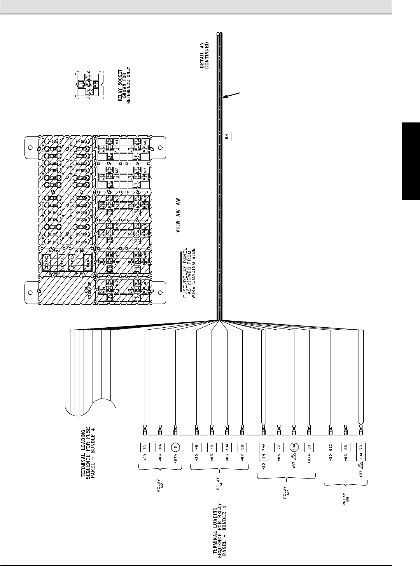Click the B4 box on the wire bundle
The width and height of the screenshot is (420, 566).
(227, 136)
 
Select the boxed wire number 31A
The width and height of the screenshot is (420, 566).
(159, 447)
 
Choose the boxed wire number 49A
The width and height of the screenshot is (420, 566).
(227, 447)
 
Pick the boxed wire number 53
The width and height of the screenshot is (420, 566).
(242, 447)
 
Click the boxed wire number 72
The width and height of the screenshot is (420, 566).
(278, 447)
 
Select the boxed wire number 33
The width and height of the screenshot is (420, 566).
(309, 447)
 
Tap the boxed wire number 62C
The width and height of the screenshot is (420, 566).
(330, 447)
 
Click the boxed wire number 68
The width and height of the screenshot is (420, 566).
(345, 447)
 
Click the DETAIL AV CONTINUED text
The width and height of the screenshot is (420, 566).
(205, 55)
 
